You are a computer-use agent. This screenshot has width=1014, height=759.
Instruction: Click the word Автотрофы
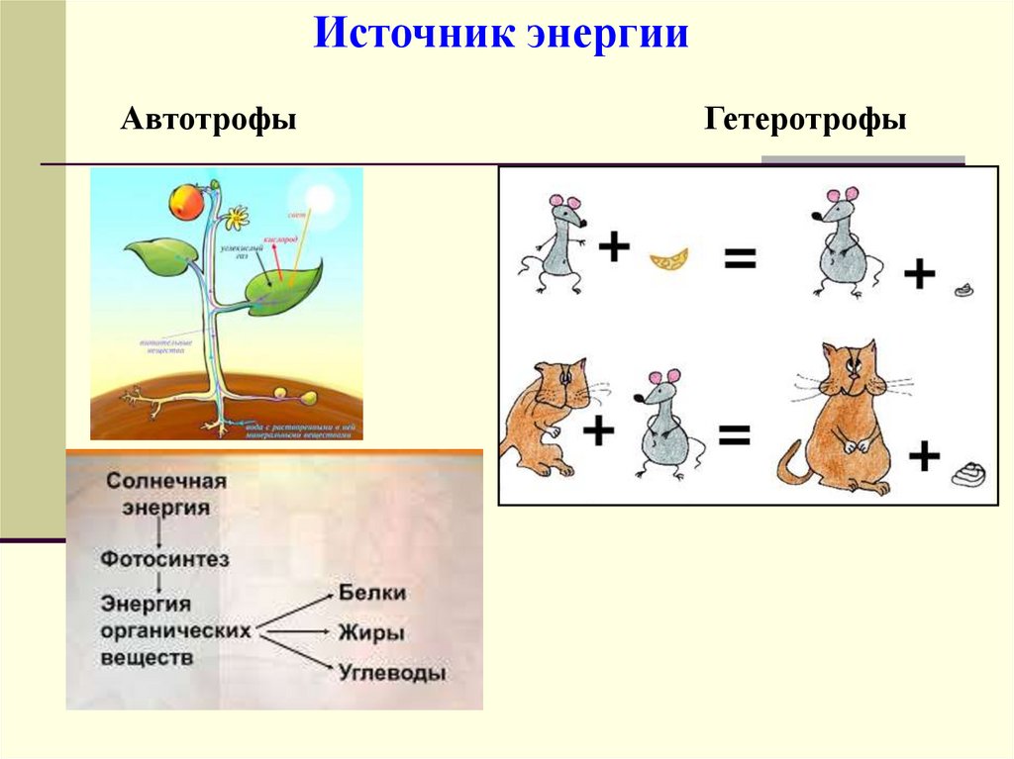point(209,122)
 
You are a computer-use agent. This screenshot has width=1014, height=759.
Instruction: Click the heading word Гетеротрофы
point(805,122)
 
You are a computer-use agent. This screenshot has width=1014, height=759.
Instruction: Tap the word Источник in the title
point(414,36)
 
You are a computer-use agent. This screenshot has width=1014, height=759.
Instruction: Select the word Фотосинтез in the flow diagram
point(164,559)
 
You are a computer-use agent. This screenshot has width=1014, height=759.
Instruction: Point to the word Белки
point(372,593)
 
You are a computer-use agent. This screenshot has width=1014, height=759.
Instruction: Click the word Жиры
point(371,632)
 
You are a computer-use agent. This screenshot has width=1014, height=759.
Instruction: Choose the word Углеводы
point(391,673)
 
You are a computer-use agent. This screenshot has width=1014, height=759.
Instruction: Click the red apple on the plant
point(186,203)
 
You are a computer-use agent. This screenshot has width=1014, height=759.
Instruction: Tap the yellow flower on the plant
point(236,216)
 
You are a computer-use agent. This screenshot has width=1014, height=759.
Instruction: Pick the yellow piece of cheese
point(669,259)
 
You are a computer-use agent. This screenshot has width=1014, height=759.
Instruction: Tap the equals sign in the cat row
point(734,433)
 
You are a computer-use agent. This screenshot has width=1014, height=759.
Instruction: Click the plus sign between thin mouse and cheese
point(614,246)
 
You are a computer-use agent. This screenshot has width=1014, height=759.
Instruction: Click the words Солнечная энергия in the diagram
point(166,493)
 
